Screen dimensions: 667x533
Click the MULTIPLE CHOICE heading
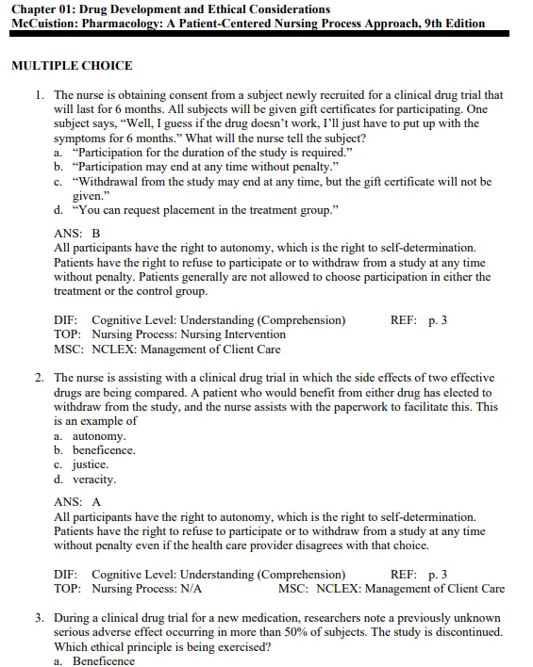[x=72, y=66]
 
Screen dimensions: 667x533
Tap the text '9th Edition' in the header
[x=455, y=24]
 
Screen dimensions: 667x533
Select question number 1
[x=41, y=95]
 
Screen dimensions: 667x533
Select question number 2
[x=41, y=378]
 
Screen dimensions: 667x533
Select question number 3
[x=41, y=618]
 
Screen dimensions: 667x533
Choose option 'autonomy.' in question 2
[x=99, y=436]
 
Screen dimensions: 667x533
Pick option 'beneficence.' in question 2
[x=104, y=450]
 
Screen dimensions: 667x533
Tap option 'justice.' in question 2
[x=91, y=464]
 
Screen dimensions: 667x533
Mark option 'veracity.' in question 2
[x=94, y=479]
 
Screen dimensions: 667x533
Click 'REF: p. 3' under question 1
[x=419, y=320]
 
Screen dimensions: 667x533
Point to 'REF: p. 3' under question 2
[x=419, y=575]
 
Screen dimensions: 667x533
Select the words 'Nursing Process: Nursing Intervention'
[x=189, y=334]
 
